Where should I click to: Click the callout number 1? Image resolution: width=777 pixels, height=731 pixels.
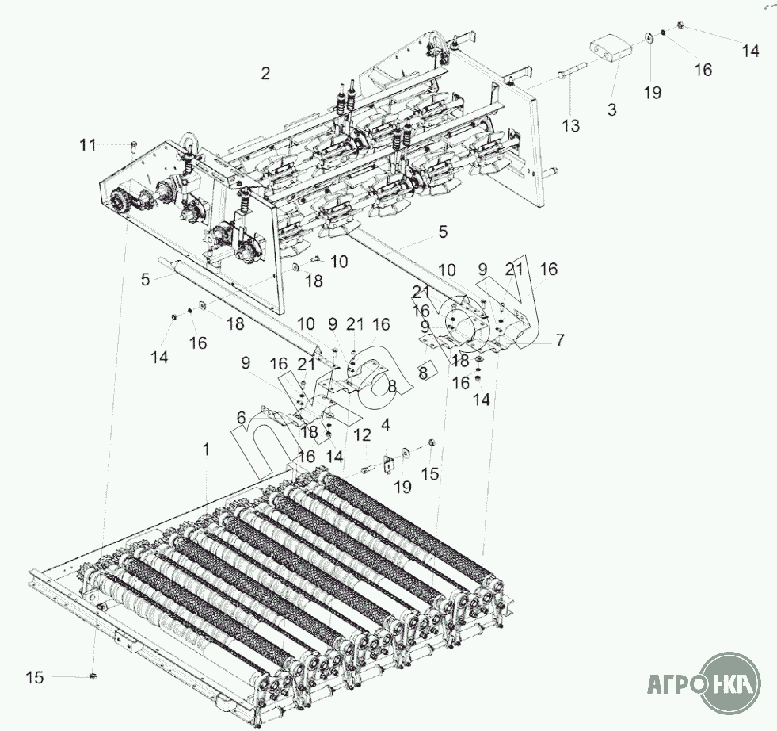pos(206,450)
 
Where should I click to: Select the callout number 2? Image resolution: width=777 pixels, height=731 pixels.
pos(265,74)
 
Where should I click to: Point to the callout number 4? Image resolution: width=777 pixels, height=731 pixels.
pos(386,424)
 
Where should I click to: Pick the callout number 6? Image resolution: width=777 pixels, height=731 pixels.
pos(241,416)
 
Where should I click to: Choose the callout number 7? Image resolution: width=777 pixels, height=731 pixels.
pos(560,340)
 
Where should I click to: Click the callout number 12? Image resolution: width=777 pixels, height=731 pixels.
pos(362,435)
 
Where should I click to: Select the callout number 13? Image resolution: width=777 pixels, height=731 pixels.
pos(571,125)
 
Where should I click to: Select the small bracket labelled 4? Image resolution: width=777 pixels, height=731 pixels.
pos(389,464)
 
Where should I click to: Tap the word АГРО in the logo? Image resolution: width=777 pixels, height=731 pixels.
pos(674,683)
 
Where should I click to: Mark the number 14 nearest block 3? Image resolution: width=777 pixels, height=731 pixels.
pos(750,51)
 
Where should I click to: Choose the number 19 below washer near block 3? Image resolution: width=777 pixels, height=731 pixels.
pos(651,93)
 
